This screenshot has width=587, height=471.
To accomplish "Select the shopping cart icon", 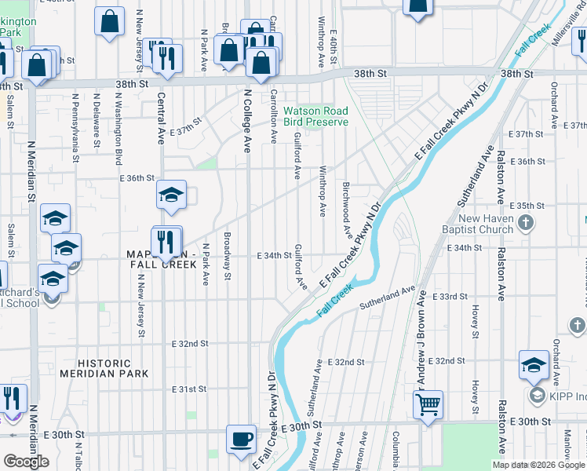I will tap(428, 405).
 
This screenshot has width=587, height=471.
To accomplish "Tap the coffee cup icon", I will tap(241, 439).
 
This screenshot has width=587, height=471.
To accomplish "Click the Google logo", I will tap(26, 462).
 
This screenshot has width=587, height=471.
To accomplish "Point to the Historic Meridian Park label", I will tap(115, 368).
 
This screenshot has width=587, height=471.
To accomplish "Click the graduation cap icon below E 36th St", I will tap(171, 196).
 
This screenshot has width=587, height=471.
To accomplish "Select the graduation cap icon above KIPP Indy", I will tap(534, 365).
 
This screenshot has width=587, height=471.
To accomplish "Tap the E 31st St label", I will tap(189, 389).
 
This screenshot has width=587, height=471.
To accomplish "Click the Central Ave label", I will tap(161, 119).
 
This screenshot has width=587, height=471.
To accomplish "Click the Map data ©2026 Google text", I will tap(538, 465).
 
